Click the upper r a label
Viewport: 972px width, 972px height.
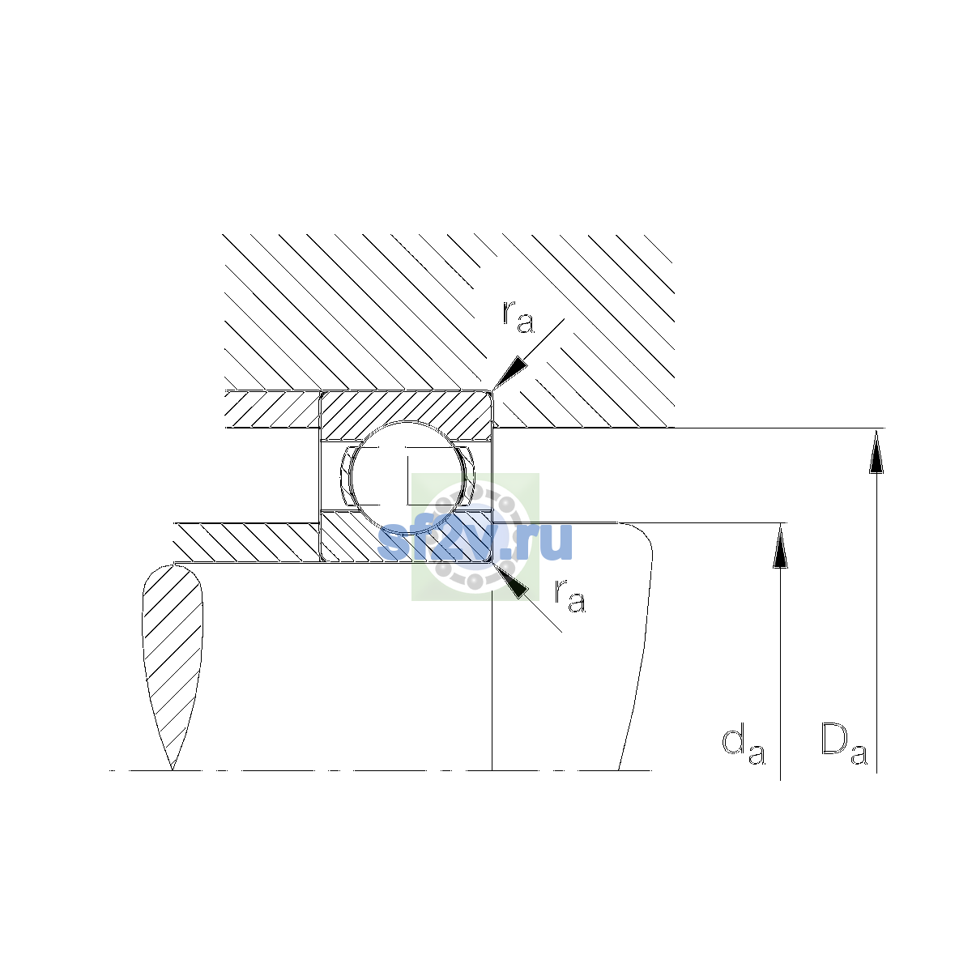[x=518, y=318]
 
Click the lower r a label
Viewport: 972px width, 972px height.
[x=570, y=596]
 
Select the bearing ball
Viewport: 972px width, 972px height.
[x=407, y=476]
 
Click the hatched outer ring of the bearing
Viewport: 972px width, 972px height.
[x=407, y=410]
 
